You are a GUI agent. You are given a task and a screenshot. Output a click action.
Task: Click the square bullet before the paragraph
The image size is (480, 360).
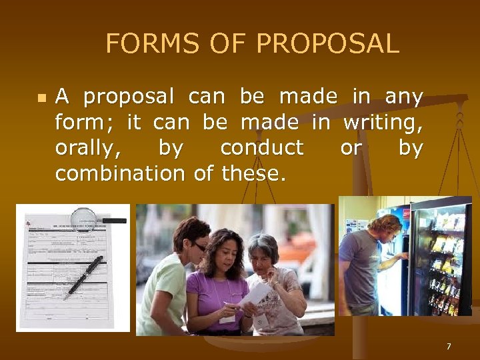point(41,98)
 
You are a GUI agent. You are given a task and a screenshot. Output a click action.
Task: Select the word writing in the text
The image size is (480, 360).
point(383,123)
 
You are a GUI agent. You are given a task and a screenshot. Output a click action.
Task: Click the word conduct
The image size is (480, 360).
point(261,147)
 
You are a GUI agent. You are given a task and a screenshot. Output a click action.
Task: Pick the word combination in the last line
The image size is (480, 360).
point(119,173)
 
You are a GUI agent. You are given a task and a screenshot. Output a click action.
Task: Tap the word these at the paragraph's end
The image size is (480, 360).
point(253,173)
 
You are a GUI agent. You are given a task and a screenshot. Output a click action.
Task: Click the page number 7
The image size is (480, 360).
point(449,346)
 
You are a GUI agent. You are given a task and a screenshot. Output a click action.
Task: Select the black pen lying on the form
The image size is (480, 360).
point(84,275)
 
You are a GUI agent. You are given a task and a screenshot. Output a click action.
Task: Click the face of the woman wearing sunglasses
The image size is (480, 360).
point(194,238)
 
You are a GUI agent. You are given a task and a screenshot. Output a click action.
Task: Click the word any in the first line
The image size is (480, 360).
point(404,98)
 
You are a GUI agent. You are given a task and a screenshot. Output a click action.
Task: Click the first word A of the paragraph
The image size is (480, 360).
point(62,97)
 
